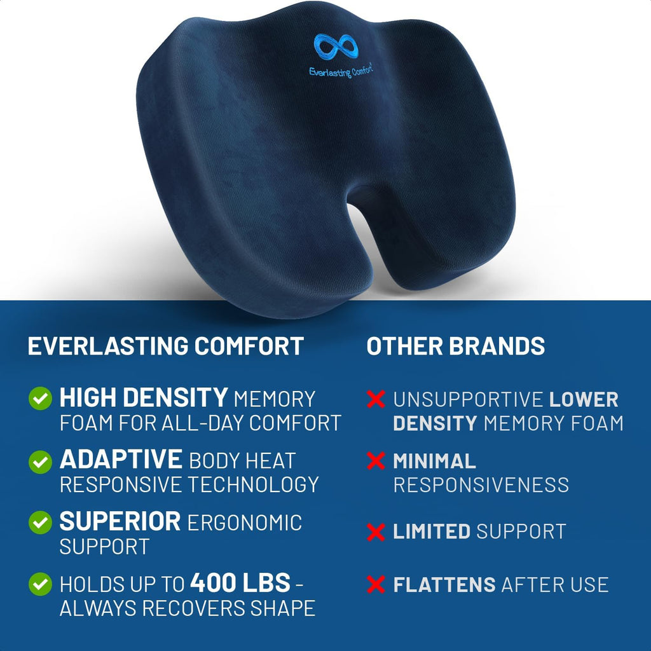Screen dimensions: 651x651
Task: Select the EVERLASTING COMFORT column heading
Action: pyautogui.click(x=165, y=346)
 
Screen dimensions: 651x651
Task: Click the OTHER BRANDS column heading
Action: pyautogui.click(x=456, y=346)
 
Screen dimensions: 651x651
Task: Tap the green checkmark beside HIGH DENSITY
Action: pyautogui.click(x=40, y=399)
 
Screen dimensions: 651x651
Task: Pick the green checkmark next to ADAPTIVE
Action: pyautogui.click(x=40, y=461)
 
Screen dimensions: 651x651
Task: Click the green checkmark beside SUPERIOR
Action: pyautogui.click(x=40, y=523)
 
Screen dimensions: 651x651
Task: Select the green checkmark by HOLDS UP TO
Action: pyautogui.click(x=40, y=584)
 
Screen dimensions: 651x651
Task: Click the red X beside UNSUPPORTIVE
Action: pyautogui.click(x=376, y=399)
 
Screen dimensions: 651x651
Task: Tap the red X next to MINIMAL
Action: pyautogui.click(x=376, y=461)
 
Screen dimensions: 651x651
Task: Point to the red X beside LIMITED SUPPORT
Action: pyautogui.click(x=376, y=532)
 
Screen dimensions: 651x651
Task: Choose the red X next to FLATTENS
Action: pyautogui.click(x=376, y=584)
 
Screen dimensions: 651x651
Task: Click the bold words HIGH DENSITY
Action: pyautogui.click(x=144, y=399)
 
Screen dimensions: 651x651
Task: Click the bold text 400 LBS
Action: pyautogui.click(x=240, y=583)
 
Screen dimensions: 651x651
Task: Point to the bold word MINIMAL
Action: pyautogui.click(x=434, y=461)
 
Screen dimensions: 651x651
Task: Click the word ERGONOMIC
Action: pyautogui.click(x=244, y=523)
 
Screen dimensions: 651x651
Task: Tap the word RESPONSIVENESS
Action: pyautogui.click(x=481, y=485)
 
